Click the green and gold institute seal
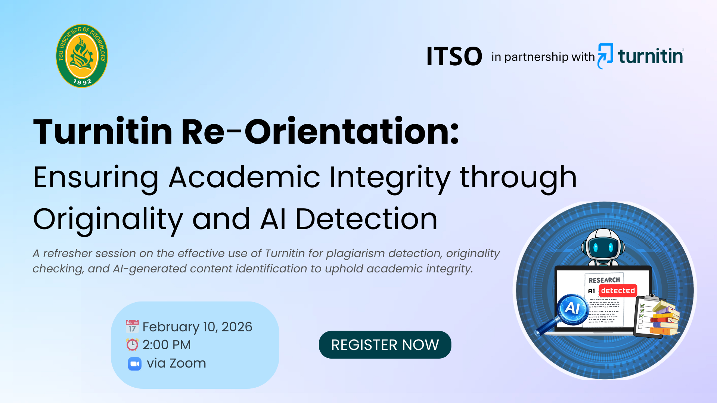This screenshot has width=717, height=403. click(82, 56)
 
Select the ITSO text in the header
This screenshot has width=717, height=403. click(454, 57)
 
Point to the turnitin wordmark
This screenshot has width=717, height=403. click(651, 56)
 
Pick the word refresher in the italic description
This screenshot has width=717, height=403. click(68, 253)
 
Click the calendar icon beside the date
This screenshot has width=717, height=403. click(132, 326)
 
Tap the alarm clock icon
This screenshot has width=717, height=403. click(132, 344)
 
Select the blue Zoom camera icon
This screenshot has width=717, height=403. click(134, 363)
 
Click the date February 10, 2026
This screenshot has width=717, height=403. click(198, 327)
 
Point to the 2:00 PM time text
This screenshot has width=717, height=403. click(167, 345)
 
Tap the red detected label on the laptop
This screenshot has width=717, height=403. click(618, 291)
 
